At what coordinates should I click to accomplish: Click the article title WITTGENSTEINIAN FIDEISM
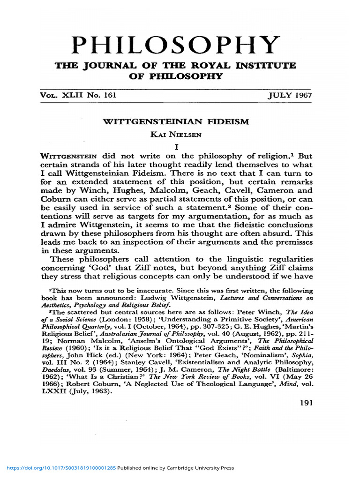tap(175, 121)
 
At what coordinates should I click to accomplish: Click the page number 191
tap(305, 403)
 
